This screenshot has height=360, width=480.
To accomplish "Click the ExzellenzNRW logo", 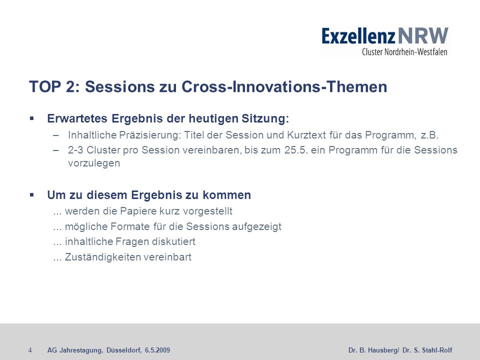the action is (385, 41).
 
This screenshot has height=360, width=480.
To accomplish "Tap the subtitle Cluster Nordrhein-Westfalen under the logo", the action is (404, 51).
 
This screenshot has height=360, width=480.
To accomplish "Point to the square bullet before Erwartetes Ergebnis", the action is (32, 118).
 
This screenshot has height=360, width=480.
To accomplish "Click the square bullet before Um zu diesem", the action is (32, 194).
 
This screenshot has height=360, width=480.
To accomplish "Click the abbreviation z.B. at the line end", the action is (430, 135).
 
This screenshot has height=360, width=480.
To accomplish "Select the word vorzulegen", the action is (94, 163).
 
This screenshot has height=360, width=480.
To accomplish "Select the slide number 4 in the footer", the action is (30, 350).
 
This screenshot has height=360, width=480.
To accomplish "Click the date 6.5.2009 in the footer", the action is (157, 350).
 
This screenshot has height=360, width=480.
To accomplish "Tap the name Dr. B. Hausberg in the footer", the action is (373, 350).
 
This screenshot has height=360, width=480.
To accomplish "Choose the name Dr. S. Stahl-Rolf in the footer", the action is (427, 350).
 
